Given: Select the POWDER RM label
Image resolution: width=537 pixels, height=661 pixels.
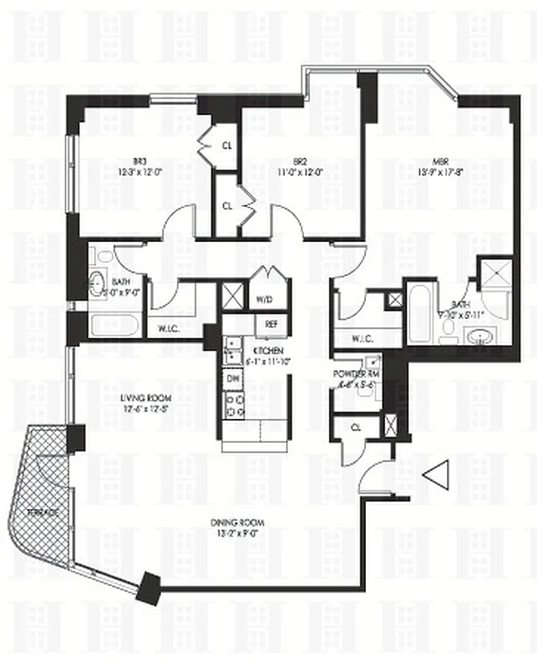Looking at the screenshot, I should [x=354, y=373].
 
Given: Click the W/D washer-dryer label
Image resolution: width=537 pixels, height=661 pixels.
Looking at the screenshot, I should [x=264, y=299].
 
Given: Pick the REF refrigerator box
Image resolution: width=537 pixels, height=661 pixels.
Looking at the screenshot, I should [x=270, y=323].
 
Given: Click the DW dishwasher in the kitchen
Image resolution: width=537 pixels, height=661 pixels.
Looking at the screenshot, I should [x=234, y=378].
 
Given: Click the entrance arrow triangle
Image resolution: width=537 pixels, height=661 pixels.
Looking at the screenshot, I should [x=435, y=475].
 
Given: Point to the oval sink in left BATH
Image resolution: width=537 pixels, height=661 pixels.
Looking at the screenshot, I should [x=98, y=278].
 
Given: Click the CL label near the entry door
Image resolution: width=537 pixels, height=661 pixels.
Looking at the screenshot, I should [x=355, y=428].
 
